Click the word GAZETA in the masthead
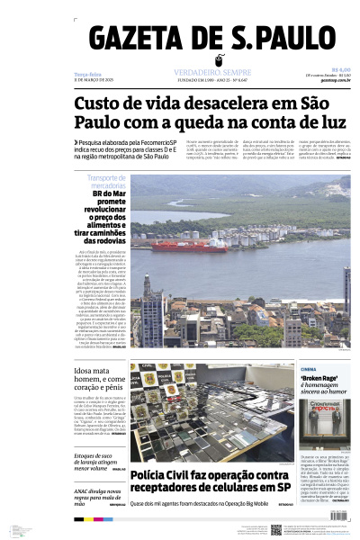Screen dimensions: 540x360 142,40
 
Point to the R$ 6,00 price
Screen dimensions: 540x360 341,68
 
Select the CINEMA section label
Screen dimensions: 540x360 308,369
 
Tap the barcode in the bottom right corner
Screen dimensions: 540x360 339,517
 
